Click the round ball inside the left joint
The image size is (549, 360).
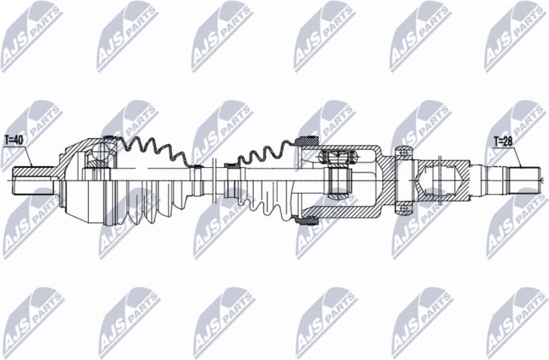(x=98, y=157)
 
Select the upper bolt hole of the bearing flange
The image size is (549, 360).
(x=403, y=155)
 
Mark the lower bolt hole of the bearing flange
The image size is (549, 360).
(x=403, y=204)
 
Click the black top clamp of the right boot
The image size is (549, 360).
(x=306, y=141)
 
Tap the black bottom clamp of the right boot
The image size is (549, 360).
(x=306, y=219)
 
